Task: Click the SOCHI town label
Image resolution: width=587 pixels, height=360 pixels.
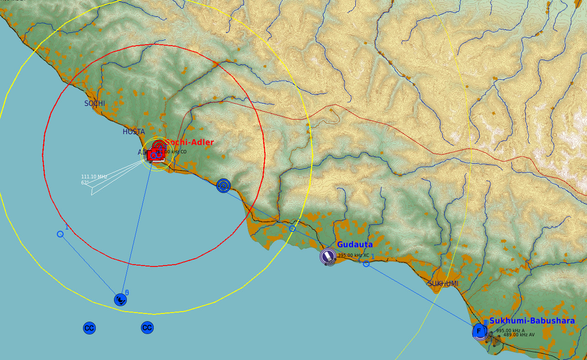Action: [x=94, y=104]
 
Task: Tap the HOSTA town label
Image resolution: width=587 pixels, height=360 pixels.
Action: [x=134, y=132]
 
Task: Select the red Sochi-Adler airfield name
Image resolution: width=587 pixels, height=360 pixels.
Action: [x=190, y=142]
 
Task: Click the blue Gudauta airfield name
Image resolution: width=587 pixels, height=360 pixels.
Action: [x=355, y=245]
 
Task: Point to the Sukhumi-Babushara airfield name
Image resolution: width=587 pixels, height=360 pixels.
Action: [x=532, y=321]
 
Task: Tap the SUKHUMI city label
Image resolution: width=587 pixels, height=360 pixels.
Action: [x=443, y=284]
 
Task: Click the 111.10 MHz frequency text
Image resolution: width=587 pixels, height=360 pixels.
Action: [x=94, y=177]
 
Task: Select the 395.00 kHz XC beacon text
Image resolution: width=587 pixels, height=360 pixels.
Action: [x=353, y=256]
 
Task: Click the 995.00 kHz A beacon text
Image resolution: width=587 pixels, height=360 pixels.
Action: [x=510, y=331]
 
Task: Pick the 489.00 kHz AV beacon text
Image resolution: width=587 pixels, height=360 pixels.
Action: [x=519, y=335]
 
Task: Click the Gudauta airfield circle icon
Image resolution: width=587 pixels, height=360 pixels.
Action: [x=328, y=256]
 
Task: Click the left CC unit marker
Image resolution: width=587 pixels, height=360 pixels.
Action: [x=89, y=328]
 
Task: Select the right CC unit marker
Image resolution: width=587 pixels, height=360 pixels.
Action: [x=147, y=328]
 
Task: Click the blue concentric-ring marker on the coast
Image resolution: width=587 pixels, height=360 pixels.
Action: [x=223, y=185]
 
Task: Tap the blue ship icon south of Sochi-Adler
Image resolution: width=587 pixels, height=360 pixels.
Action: [x=120, y=300]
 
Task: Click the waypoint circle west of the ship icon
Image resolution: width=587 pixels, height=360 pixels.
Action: [x=60, y=234]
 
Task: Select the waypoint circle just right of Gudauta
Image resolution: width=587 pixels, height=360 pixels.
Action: [x=366, y=264]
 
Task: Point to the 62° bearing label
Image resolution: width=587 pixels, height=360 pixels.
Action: [x=85, y=183]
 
